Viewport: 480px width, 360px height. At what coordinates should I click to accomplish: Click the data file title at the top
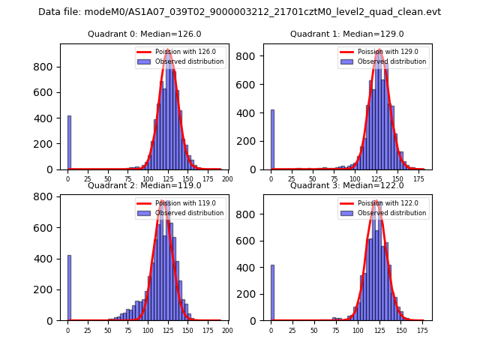(239, 12)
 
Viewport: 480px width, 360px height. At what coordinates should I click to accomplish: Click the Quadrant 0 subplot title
(144, 34)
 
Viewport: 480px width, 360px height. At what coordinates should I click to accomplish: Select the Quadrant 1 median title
(346, 34)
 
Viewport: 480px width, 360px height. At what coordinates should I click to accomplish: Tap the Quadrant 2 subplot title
(144, 185)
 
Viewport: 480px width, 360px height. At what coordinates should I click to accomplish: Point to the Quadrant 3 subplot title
(346, 185)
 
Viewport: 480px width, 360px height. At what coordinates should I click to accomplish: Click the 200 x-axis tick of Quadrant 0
(227, 178)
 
